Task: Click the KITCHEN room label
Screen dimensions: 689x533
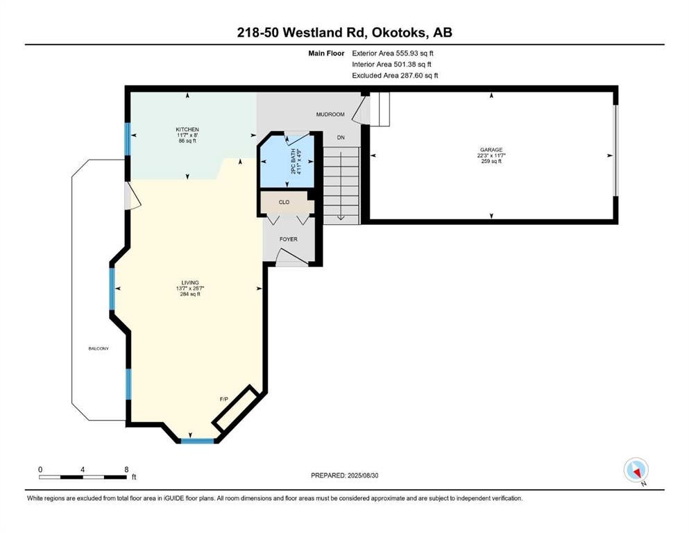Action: click(x=187, y=129)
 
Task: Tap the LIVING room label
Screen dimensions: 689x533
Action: click(x=190, y=282)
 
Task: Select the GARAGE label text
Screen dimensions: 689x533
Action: click(x=491, y=150)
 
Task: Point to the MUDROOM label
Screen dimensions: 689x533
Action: click(x=330, y=115)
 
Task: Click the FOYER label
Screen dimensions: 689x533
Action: click(x=288, y=239)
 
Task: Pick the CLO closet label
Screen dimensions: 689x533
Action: click(x=284, y=202)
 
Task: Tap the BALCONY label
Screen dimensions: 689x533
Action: click(x=99, y=348)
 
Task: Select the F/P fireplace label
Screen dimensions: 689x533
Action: click(x=224, y=399)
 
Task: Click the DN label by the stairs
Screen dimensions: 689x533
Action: click(x=341, y=137)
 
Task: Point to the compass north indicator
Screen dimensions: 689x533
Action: click(x=636, y=470)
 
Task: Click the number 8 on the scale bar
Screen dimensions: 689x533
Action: click(x=126, y=469)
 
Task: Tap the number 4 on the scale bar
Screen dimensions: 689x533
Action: click(x=83, y=469)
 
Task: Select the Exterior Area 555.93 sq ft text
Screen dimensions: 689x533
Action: click(x=393, y=53)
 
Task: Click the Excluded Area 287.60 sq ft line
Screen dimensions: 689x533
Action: click(x=395, y=75)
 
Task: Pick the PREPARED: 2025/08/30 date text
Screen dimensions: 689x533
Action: click(x=344, y=475)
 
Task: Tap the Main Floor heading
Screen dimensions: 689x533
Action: click(x=326, y=53)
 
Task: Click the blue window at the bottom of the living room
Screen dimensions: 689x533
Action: click(x=198, y=440)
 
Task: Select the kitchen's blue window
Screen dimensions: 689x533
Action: click(x=128, y=139)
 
